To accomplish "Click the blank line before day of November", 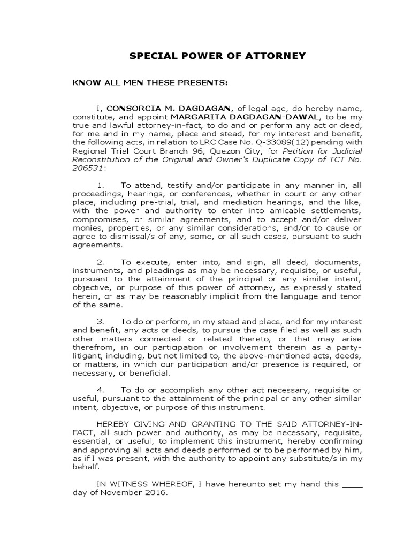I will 352,485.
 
